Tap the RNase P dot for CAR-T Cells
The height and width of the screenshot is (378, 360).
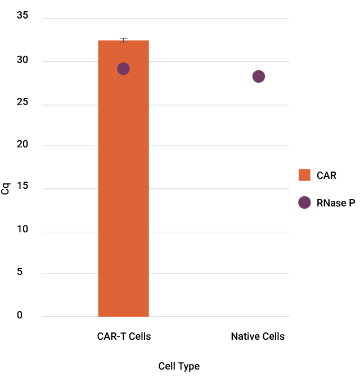[123, 69]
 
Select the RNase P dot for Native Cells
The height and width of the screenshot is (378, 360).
[258, 76]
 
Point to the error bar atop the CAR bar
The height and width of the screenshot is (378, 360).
[123, 40]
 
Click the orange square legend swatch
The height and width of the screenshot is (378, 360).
[304, 175]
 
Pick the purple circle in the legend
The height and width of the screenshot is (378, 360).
[304, 202]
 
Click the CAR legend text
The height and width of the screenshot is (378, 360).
[326, 175]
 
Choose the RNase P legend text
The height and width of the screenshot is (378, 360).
[335, 202]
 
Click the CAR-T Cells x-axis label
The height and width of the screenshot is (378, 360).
[124, 336]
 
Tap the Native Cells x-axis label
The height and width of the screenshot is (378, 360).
[258, 336]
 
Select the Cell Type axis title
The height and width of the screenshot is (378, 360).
[179, 366]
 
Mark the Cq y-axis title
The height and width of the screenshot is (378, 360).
[6, 187]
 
